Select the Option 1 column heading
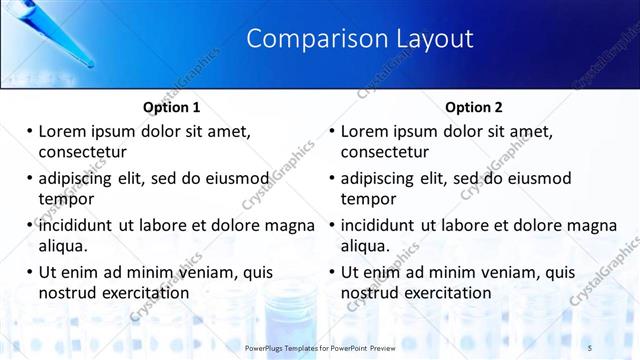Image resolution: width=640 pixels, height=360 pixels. (x=172, y=107)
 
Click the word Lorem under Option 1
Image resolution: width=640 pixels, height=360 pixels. (x=65, y=132)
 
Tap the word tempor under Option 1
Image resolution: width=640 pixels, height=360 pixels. (x=64, y=198)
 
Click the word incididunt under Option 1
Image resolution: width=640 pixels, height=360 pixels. (x=77, y=225)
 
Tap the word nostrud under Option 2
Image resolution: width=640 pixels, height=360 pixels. (x=370, y=292)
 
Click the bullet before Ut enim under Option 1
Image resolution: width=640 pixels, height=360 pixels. (x=29, y=272)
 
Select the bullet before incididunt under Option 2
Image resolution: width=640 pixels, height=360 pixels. (x=332, y=225)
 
